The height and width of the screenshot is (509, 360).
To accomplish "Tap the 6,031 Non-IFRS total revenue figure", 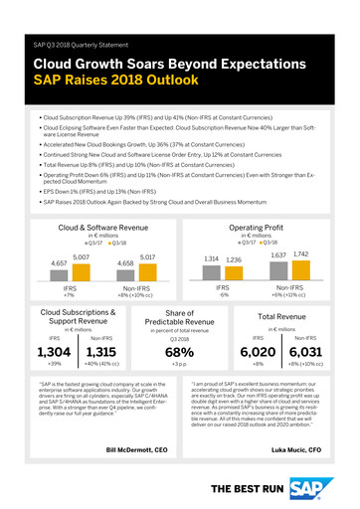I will click(x=317, y=353).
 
